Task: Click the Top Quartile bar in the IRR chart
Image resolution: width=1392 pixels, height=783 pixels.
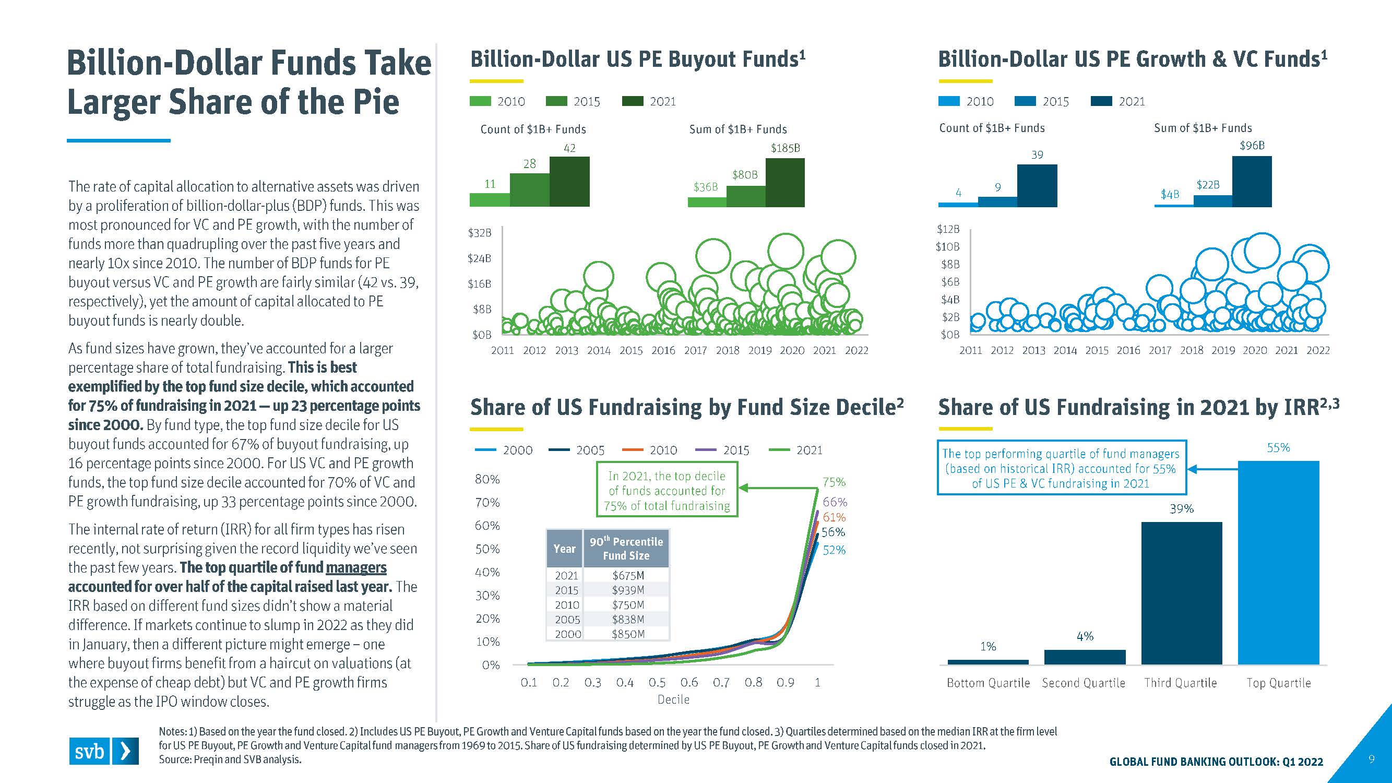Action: coord(1278,562)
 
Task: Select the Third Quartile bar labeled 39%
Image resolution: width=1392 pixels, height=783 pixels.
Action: coord(1181,593)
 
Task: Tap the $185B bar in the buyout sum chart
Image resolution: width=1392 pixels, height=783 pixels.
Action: coord(784,182)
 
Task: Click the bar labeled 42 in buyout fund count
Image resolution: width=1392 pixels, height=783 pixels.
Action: coord(569,181)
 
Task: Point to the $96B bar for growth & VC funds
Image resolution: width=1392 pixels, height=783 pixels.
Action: coord(1252,181)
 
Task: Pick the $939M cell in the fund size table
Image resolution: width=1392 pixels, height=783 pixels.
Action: coord(628,590)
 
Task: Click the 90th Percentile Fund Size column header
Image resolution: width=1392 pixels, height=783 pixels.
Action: coord(626,549)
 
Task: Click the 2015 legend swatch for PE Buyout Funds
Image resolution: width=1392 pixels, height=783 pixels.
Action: coord(556,101)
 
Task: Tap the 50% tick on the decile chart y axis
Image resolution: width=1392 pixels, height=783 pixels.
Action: coord(487,549)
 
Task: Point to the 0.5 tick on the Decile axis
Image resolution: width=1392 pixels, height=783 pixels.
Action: coord(657,682)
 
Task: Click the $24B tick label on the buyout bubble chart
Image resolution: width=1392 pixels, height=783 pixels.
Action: coord(479,258)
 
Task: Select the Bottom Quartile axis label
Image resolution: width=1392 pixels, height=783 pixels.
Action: coord(988,683)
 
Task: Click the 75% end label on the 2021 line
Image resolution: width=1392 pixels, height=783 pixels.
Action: coord(834,482)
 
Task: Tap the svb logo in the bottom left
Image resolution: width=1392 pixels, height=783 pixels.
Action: coord(103,751)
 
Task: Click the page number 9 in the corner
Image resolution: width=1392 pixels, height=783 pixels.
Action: coord(1372,759)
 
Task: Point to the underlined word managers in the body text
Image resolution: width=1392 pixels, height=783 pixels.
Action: coord(356,567)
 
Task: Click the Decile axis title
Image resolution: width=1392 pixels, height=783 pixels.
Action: coord(673,699)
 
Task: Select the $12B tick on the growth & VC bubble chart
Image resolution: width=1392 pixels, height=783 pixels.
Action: coord(948,229)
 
